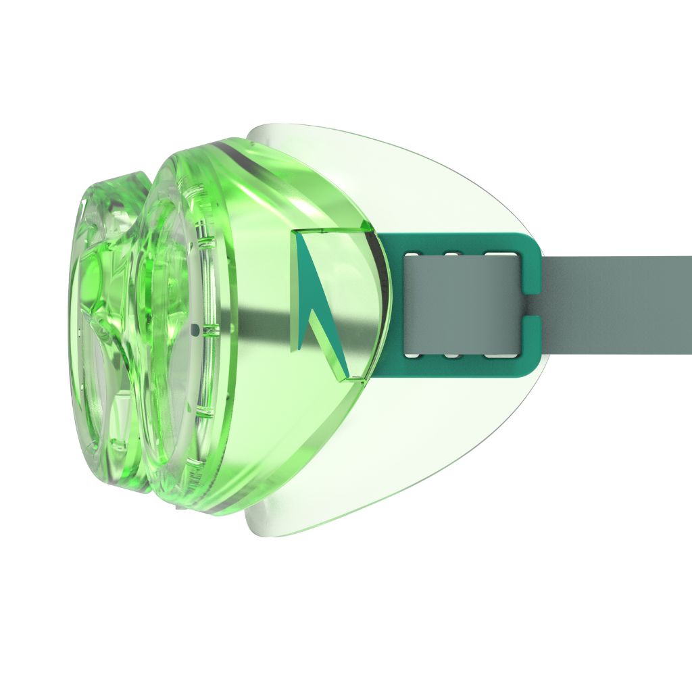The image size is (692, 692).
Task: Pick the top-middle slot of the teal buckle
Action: point(452,255)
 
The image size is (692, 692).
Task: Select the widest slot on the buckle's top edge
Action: point(499,255)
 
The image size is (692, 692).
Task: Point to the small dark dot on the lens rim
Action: point(195,330)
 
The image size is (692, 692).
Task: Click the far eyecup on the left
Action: point(101,338)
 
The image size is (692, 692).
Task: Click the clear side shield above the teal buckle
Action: point(419,182)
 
